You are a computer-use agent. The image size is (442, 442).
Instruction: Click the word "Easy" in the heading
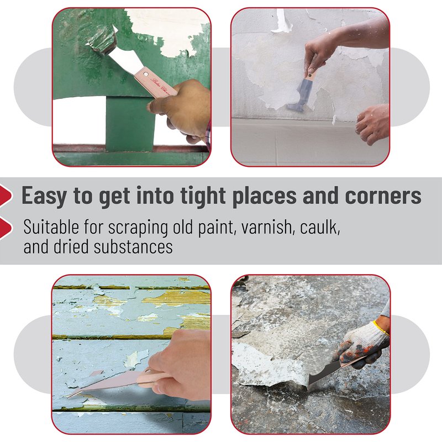click(44, 196)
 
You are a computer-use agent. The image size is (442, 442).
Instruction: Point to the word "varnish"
click(268, 227)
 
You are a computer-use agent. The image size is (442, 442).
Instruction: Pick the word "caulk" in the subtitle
click(320, 227)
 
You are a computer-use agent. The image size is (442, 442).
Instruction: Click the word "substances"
click(133, 246)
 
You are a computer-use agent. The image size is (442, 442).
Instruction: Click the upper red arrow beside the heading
click(6, 196)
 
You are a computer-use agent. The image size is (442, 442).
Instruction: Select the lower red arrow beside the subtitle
click(6, 228)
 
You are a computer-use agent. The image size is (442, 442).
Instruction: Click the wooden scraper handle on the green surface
click(155, 84)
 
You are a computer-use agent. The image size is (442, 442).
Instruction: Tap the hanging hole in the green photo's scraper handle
click(146, 74)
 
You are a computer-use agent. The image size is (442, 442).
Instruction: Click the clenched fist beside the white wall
click(372, 124)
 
